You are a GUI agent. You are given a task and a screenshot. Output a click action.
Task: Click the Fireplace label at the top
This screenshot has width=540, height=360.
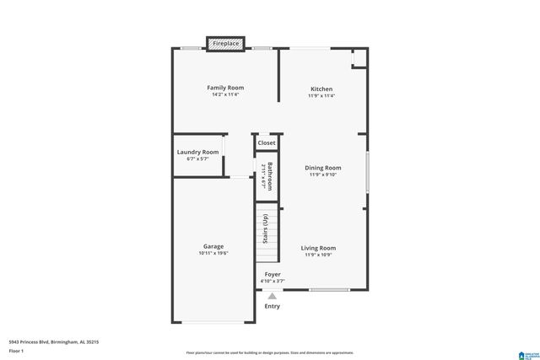point(226,43)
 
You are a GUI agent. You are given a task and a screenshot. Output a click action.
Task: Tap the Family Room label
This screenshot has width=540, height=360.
point(225,88)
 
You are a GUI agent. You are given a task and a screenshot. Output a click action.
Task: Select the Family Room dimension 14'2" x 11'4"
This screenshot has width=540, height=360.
point(225,95)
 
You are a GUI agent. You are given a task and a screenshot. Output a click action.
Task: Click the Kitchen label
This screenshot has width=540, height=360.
point(321,89)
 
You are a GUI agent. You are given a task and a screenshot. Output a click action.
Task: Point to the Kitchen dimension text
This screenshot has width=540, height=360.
point(321,96)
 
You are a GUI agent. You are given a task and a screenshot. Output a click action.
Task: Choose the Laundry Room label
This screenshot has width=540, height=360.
point(197,152)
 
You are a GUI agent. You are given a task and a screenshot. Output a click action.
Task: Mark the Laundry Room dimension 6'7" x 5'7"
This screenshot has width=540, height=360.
point(197,159)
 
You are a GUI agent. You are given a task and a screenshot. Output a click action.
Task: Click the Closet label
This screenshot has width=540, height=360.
point(267,143)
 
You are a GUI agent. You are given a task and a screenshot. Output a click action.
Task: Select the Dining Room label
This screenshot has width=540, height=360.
point(322,167)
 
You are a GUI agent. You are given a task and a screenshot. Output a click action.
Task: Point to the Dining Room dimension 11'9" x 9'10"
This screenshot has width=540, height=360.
point(322,175)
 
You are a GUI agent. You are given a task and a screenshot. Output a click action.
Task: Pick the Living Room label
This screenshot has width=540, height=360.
point(319,248)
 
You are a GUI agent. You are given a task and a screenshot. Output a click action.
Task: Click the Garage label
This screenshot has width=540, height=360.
point(213,246)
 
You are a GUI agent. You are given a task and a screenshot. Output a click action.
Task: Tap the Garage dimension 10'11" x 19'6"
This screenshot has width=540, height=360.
point(213,254)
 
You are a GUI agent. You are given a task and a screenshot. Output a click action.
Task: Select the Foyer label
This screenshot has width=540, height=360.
point(273,274)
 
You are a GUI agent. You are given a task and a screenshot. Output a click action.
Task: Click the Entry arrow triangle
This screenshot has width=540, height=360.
point(272,296)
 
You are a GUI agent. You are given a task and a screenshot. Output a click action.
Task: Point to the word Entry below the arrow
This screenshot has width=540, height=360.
point(272,306)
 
